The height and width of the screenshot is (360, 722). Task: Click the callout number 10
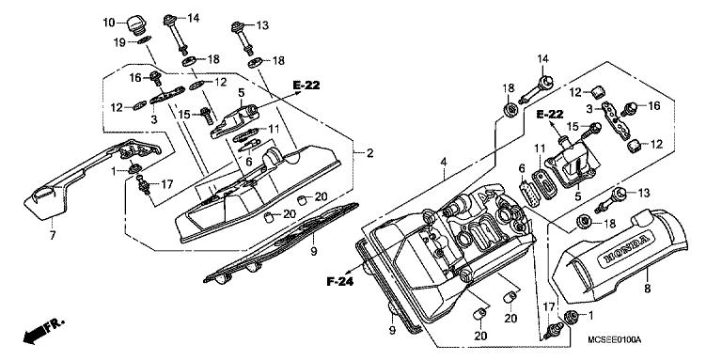coord(109,23)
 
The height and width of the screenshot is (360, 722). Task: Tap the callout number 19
coord(119,42)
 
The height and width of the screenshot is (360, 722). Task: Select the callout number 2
coord(369,153)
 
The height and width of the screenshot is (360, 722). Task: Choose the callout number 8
coord(648,278)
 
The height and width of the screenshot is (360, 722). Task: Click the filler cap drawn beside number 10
coord(135,21)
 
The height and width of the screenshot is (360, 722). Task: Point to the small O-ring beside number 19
coord(139,40)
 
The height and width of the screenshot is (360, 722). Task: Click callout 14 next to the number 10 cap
coord(194,18)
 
